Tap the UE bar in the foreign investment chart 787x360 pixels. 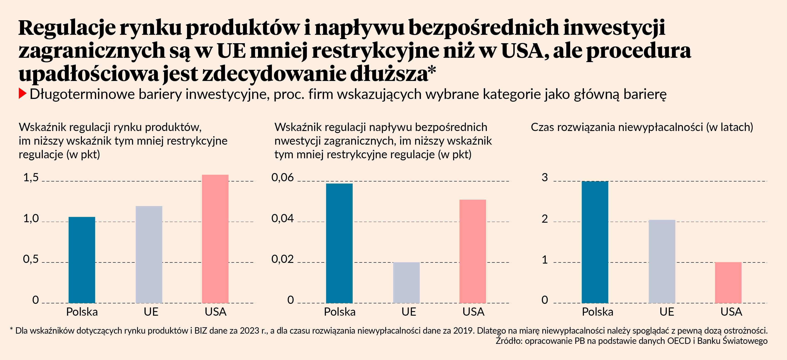click(x=406, y=282)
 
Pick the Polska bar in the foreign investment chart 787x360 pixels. click(x=339, y=243)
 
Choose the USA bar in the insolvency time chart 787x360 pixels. click(x=728, y=282)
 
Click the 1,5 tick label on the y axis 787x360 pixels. click(x=31, y=177)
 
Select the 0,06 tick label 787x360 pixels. click(x=282, y=177)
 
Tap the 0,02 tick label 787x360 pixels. click(x=282, y=259)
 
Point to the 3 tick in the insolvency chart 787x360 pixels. click(x=544, y=177)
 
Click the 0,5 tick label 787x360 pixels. click(x=31, y=259)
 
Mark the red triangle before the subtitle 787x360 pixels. click(x=22, y=93)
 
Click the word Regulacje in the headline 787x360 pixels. click(x=67, y=28)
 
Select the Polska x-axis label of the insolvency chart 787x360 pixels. click(x=597, y=312)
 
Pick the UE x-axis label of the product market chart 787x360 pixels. click(x=151, y=312)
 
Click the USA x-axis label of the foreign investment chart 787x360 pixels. click(x=473, y=312)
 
